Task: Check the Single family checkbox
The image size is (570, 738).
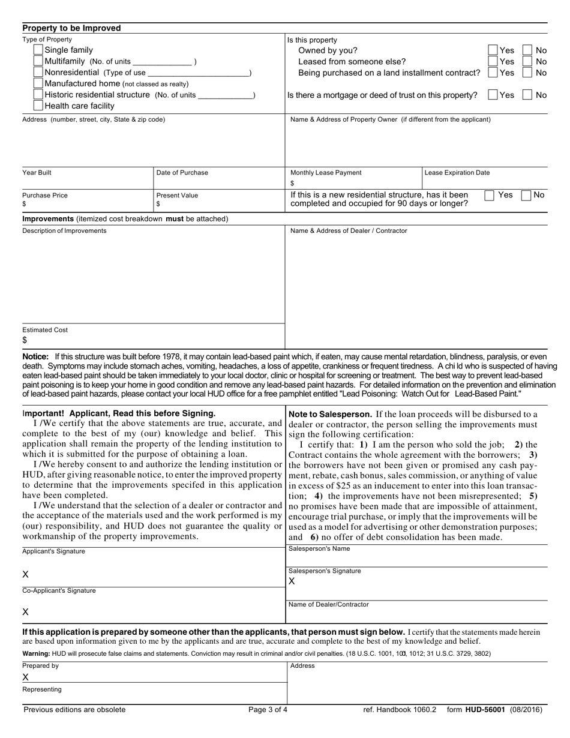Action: click(38, 50)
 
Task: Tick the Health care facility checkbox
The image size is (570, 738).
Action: click(38, 106)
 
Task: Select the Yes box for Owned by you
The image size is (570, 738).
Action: click(493, 50)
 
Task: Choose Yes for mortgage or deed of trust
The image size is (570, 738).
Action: click(493, 95)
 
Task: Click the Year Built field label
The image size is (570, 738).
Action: click(37, 173)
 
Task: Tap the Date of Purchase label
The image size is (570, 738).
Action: click(182, 173)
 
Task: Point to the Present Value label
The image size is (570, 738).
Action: click(177, 196)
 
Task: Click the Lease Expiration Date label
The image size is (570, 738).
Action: click(457, 173)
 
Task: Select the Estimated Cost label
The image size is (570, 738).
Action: click(45, 330)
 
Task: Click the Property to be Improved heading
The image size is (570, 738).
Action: click(71, 28)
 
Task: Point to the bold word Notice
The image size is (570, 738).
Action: click(35, 356)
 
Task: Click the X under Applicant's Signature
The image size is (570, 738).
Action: click(25, 575)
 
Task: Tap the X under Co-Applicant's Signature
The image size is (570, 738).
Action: click(25, 612)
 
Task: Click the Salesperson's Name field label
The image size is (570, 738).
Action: click(319, 549)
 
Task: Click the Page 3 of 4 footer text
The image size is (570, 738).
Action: click(268, 710)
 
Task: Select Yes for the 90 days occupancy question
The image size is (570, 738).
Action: click(490, 195)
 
